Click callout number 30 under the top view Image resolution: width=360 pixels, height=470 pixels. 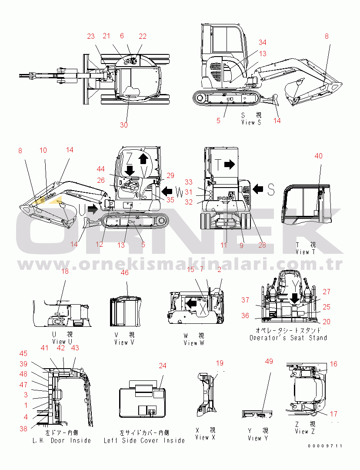point(124,125)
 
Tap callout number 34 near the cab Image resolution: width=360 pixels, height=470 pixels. point(262,43)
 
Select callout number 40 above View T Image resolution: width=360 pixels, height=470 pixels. point(319,156)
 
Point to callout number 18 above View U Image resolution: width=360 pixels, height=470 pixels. point(65,272)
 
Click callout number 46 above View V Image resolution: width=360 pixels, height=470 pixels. point(124,273)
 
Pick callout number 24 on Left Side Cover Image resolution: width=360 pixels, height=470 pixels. point(162,366)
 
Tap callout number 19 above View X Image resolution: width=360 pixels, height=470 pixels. point(220,363)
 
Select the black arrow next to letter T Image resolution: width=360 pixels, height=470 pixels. point(230,164)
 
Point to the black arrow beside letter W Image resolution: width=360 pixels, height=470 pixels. point(167,190)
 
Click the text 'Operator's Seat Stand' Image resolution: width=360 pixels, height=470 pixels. point(288,338)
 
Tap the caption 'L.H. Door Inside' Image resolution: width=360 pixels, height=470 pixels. point(62,440)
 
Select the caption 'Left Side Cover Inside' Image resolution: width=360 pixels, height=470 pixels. point(144,440)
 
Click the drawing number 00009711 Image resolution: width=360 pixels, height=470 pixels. point(325,446)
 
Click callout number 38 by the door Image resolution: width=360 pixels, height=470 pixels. point(23,429)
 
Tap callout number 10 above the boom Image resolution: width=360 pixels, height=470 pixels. point(43,151)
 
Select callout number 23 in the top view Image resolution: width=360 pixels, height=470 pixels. point(90,37)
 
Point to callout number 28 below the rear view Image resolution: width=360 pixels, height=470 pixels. point(262,245)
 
